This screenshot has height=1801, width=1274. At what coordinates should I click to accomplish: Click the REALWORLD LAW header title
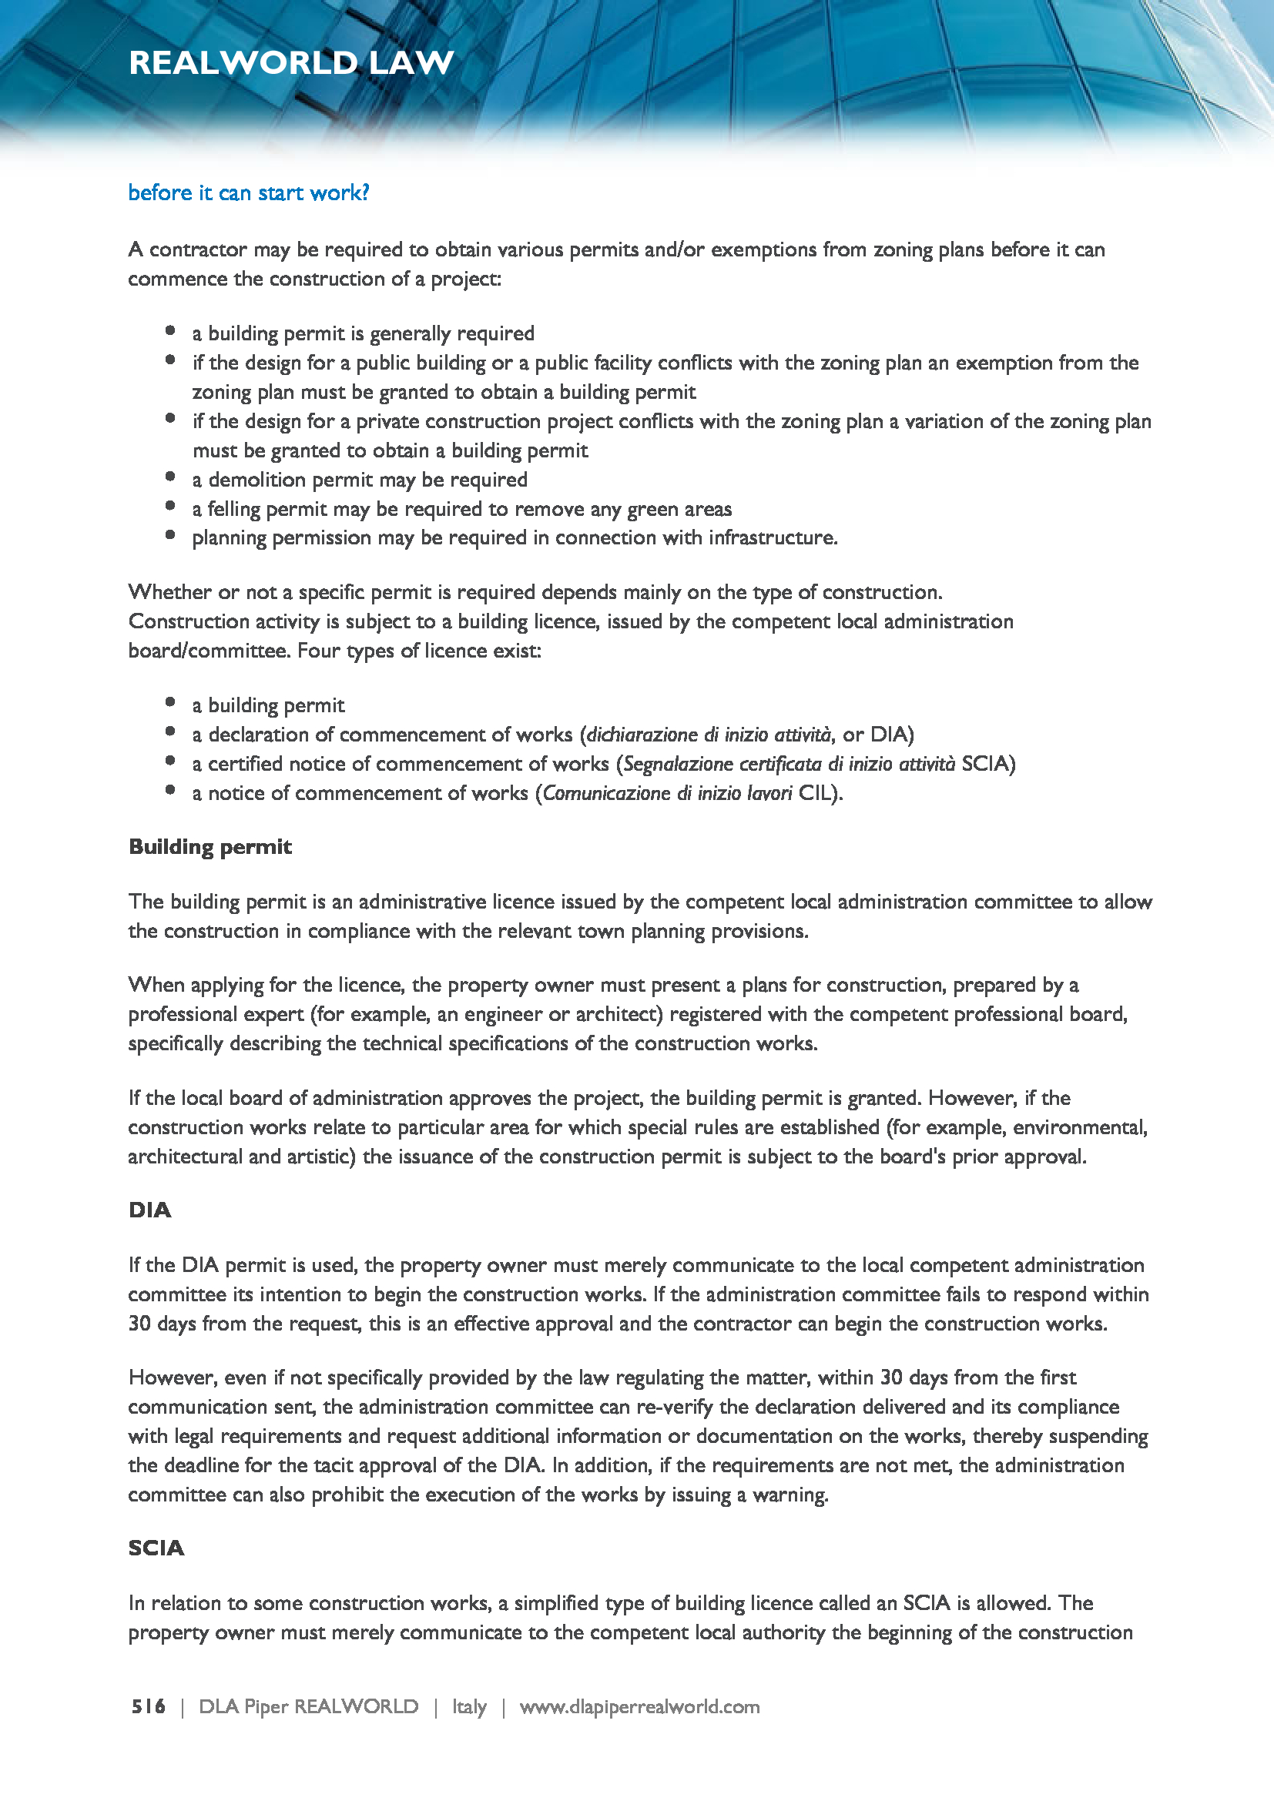(291, 62)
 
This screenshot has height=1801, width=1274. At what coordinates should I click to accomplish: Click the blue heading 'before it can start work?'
(249, 193)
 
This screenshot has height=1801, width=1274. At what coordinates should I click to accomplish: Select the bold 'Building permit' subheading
(210, 847)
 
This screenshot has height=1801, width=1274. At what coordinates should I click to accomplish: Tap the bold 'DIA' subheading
(150, 1210)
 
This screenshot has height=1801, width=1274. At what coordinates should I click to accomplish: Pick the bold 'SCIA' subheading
(156, 1548)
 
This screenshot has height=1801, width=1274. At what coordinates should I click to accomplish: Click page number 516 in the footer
(148, 1707)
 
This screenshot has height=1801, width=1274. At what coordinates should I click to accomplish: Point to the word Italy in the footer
(469, 1707)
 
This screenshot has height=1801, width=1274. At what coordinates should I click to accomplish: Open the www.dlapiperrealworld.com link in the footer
(639, 1707)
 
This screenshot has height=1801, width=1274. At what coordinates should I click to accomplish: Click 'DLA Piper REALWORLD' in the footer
(308, 1707)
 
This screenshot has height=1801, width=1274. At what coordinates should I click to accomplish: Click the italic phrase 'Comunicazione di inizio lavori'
(668, 793)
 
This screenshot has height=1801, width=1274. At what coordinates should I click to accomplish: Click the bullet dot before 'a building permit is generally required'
(170, 331)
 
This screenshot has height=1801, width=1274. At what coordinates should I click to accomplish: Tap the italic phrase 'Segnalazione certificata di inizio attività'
(790, 764)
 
